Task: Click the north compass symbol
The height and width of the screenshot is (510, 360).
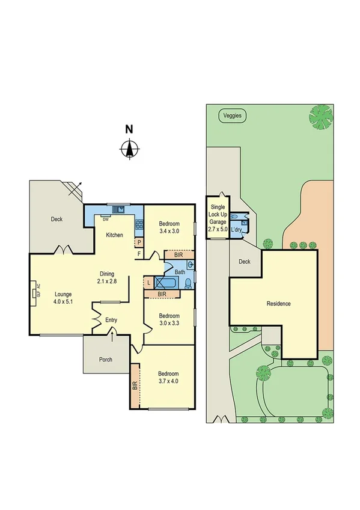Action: [129, 148]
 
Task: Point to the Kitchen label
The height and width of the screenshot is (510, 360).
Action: [115, 235]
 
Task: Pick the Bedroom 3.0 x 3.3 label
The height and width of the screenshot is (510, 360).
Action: [169, 319]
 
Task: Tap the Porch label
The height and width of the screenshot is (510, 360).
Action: [105, 360]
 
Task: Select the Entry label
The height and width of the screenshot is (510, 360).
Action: [111, 320]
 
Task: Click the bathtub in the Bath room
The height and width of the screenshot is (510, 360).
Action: [168, 282]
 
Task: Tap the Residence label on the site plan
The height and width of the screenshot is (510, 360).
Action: [278, 304]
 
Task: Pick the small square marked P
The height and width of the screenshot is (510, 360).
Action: [139, 243]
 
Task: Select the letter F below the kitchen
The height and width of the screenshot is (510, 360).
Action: [139, 254]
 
